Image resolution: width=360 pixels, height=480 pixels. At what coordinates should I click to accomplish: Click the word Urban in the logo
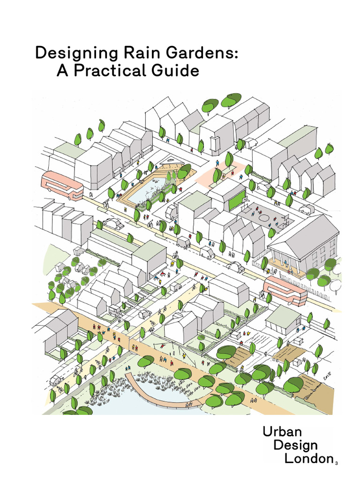(283, 432)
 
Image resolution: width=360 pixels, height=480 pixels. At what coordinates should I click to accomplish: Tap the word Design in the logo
(296, 445)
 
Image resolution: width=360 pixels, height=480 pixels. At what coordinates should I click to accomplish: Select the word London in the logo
(308, 458)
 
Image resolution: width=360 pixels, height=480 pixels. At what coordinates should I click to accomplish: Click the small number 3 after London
(336, 463)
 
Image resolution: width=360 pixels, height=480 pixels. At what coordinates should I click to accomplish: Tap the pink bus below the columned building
(285, 289)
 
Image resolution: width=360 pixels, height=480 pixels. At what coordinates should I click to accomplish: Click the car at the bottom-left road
(57, 380)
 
